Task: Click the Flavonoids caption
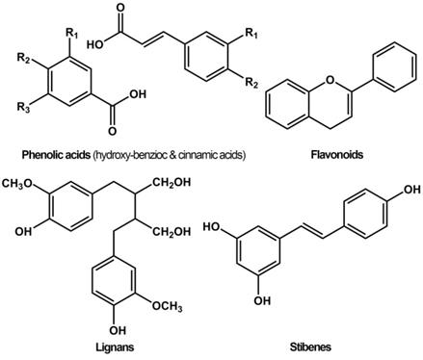337,153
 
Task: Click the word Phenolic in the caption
44,153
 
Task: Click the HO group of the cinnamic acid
95,43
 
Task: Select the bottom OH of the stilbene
260,300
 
